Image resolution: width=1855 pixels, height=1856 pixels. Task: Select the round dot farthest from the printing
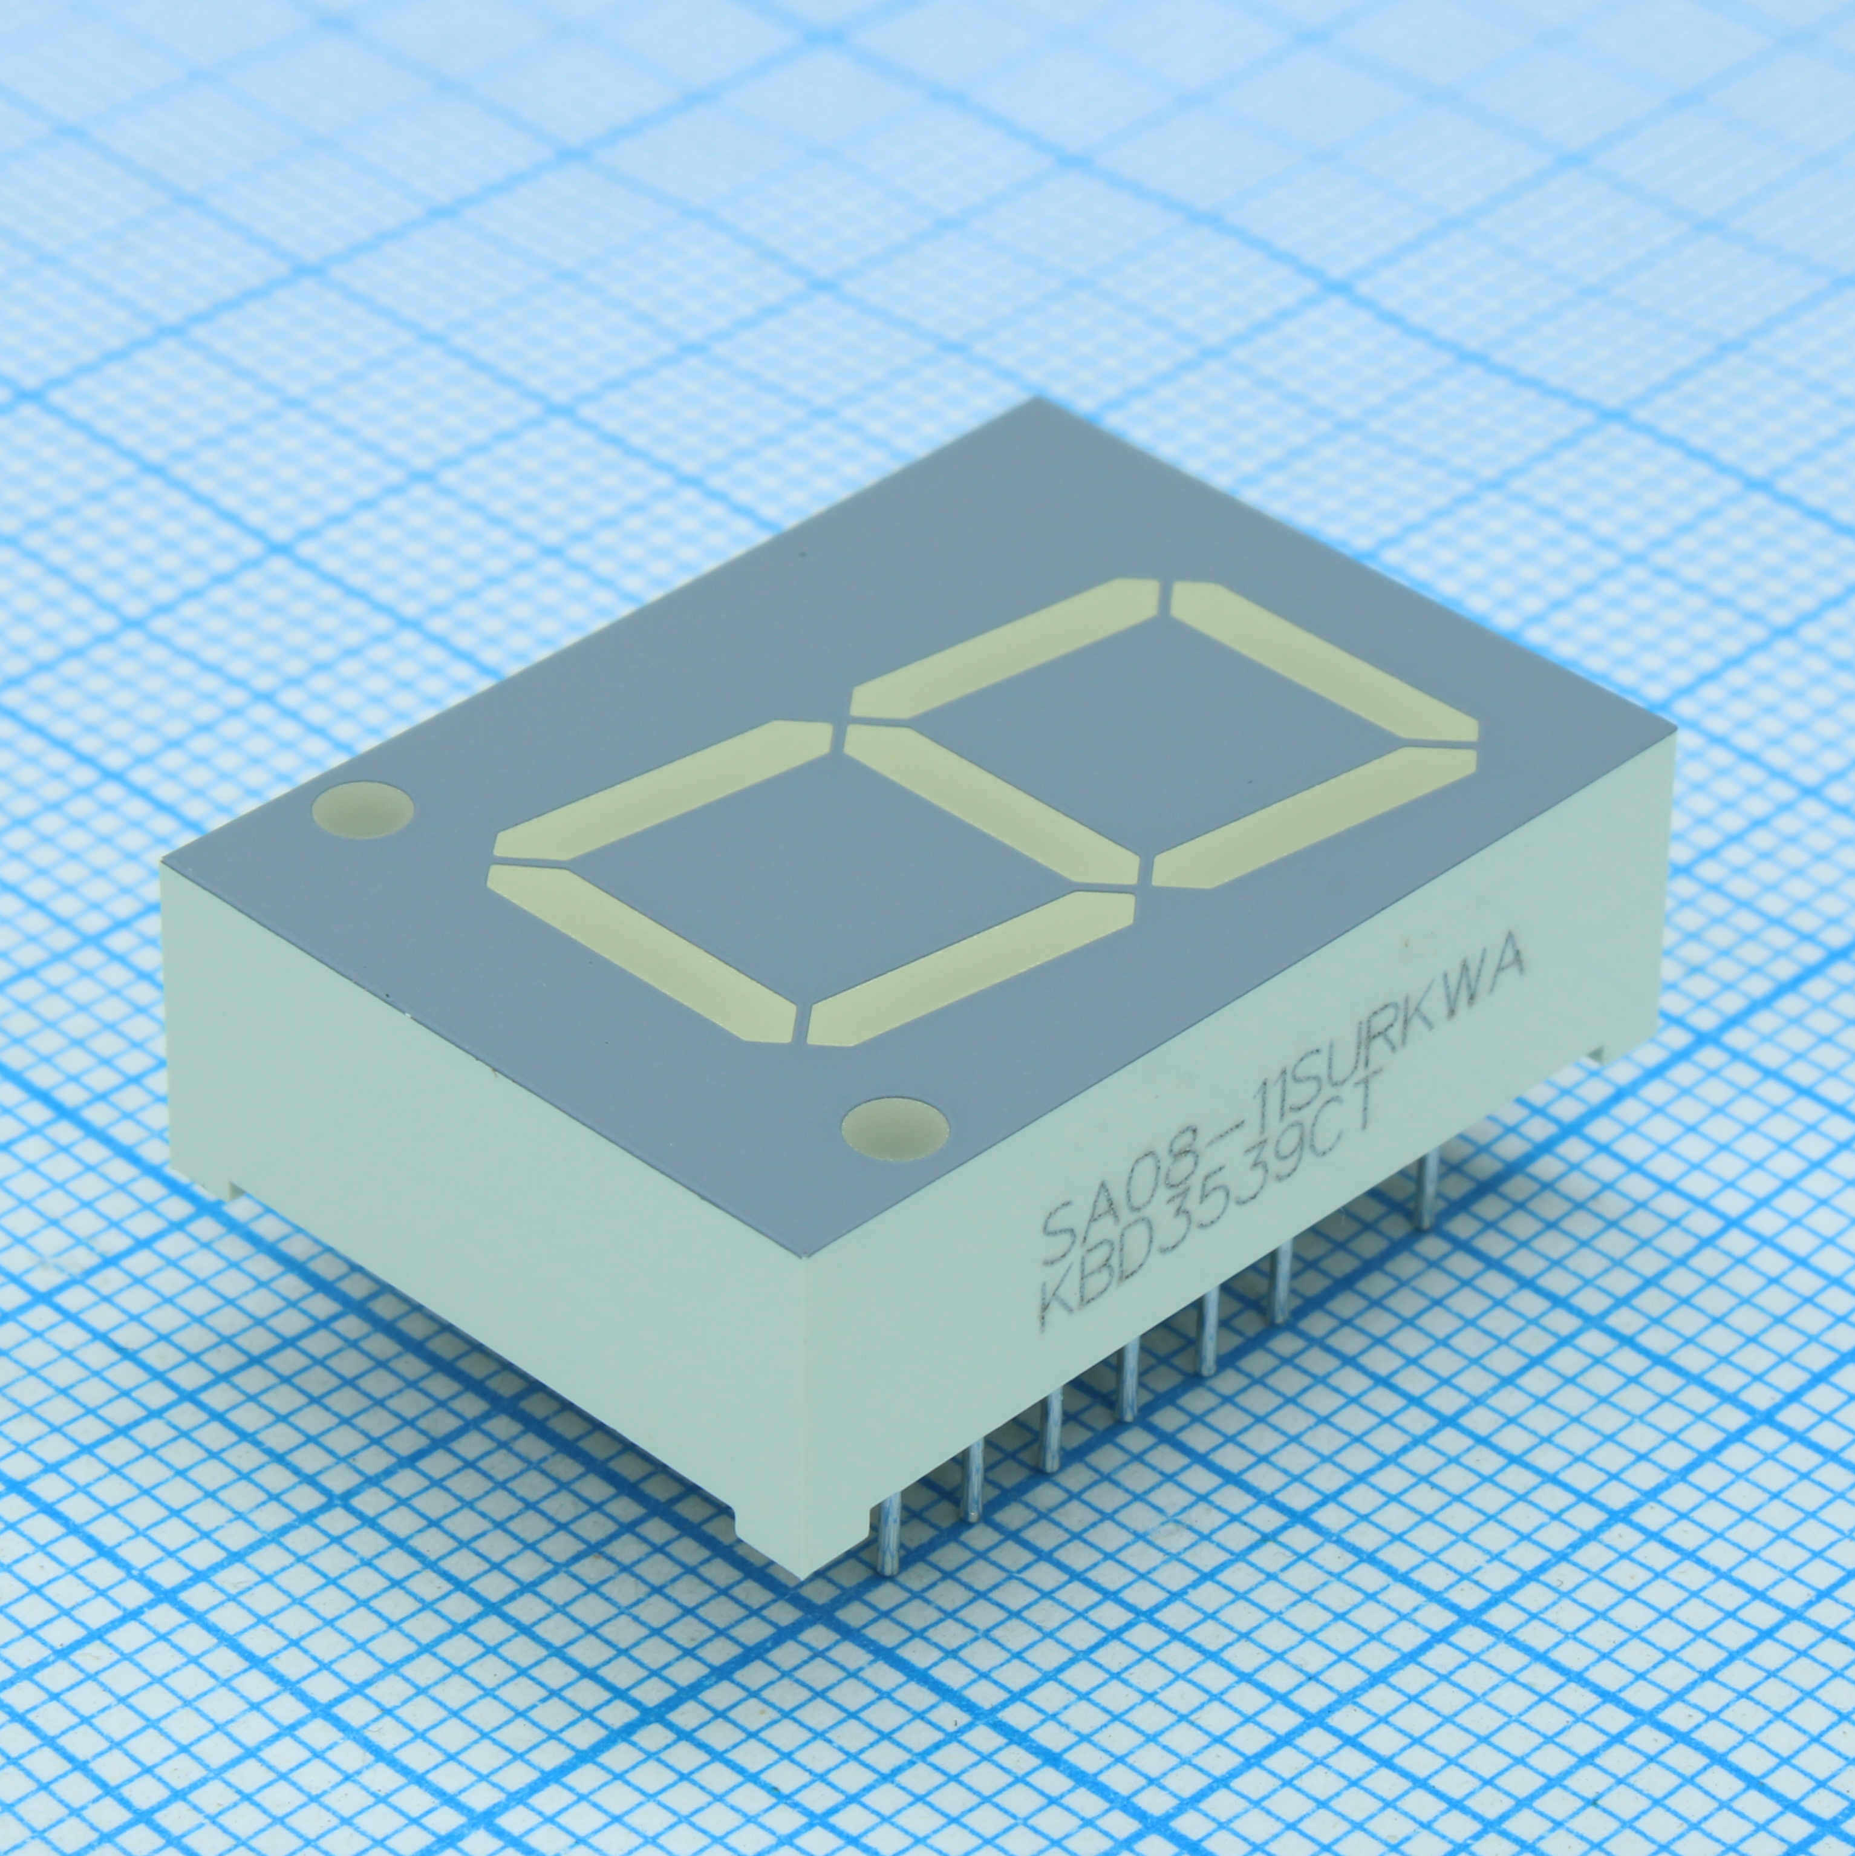363,805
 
